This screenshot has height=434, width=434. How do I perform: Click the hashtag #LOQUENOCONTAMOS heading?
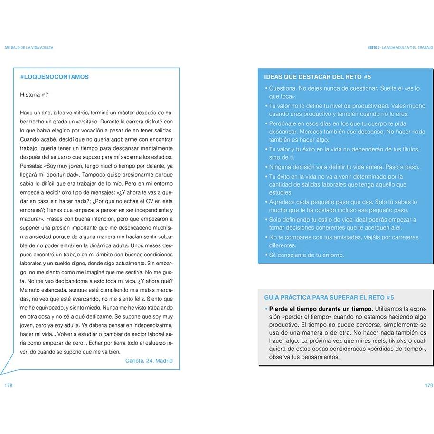55,77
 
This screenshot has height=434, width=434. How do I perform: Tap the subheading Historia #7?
35,94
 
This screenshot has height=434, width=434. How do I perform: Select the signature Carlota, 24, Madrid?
149,360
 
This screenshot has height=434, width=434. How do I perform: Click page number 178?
8,385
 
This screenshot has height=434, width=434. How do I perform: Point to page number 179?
429,385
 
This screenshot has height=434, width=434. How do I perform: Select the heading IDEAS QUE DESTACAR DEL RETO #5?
317,77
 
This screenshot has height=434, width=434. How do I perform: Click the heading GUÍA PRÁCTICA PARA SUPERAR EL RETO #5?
329,297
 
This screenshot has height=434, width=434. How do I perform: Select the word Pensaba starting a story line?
32,166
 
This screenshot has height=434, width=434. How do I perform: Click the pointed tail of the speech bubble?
3,373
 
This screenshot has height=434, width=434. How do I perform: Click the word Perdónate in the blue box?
283,123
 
